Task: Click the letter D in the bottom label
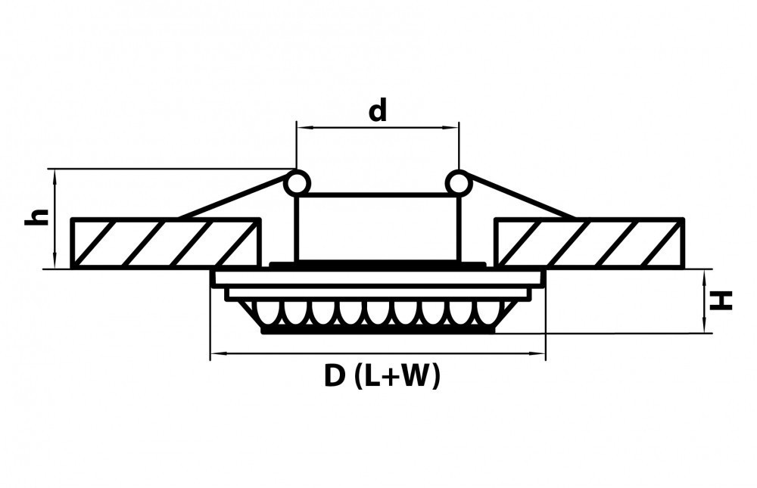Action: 335,375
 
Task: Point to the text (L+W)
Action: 397,376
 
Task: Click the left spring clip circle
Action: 297,183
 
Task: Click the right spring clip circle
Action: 458,183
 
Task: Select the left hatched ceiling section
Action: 166,243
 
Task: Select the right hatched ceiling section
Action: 589,243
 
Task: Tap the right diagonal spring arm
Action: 522,197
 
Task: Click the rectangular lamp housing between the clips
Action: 378,227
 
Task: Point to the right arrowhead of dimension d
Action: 452,127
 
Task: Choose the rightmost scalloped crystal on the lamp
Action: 488,314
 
